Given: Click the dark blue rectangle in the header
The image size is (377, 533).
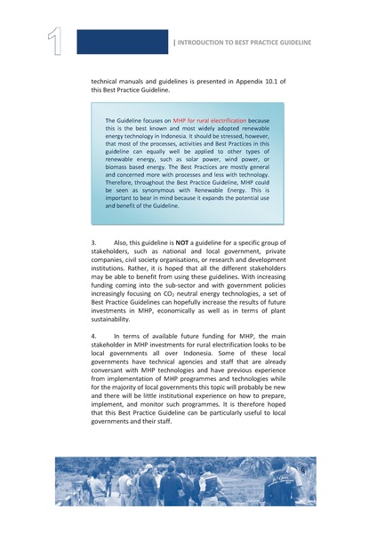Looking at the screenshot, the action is (121, 42).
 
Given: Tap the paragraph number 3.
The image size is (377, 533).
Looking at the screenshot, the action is (94, 241).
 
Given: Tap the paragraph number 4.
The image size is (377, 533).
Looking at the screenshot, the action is (94, 337).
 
